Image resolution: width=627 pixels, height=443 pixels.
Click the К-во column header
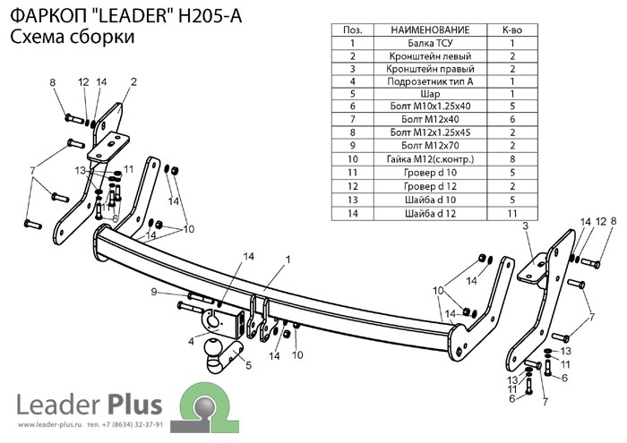coord(511,30)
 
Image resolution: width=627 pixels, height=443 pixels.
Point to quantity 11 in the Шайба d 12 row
coord(511,213)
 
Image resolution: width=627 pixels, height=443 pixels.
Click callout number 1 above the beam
coord(288,260)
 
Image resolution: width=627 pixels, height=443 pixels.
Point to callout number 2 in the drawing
coord(133,82)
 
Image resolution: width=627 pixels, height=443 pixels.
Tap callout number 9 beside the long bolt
coord(154,292)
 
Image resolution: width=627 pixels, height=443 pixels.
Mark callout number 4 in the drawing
coord(190,341)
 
